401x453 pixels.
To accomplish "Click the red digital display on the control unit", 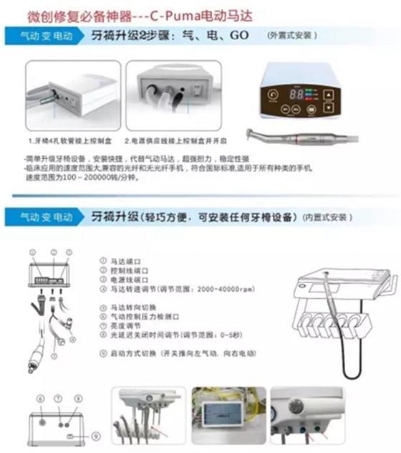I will [299, 95].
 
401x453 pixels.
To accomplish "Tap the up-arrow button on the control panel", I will [328, 92].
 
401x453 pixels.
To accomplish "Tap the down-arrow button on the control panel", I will [328, 108].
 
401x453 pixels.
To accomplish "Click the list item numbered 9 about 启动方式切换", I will [179, 353].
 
